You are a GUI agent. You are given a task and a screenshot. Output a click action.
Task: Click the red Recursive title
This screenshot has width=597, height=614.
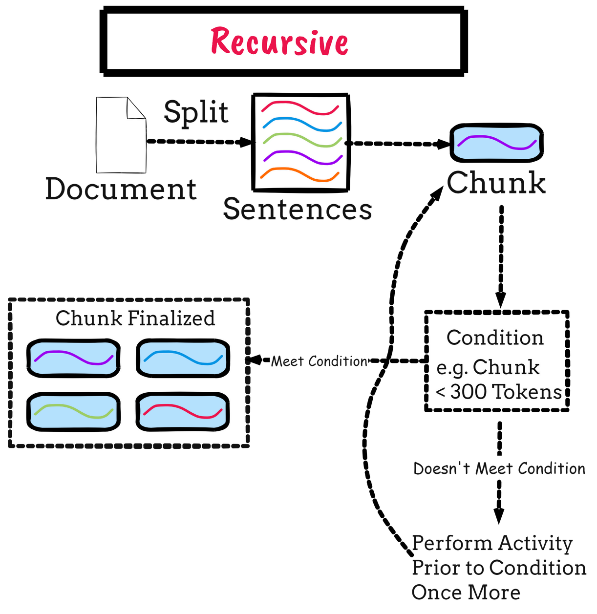(x=279, y=42)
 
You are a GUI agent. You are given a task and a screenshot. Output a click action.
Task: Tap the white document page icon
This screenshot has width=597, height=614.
(x=121, y=135)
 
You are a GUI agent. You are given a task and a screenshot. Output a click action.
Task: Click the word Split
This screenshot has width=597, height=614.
(x=196, y=112)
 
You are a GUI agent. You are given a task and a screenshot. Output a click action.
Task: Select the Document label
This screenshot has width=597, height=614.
(x=121, y=189)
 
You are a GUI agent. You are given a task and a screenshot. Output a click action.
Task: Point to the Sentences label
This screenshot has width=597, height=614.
(x=298, y=209)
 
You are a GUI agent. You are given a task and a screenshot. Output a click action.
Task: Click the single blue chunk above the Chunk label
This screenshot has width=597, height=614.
(x=496, y=143)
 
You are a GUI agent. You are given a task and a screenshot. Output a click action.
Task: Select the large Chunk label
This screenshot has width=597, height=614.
(x=496, y=183)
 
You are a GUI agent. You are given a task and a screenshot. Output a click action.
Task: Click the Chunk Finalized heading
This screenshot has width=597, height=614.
(x=135, y=318)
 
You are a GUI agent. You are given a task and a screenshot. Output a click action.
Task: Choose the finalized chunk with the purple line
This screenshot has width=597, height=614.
(x=73, y=358)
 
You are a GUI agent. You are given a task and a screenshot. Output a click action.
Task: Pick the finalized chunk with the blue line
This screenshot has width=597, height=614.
(x=183, y=358)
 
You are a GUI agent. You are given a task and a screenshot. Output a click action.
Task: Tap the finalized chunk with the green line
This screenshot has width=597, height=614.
(x=73, y=412)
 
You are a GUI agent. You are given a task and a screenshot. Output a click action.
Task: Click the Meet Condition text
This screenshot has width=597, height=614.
(x=319, y=361)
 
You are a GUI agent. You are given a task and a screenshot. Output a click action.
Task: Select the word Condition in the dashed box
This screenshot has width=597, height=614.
(x=495, y=338)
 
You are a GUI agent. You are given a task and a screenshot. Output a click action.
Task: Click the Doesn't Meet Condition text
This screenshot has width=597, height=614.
(x=499, y=469)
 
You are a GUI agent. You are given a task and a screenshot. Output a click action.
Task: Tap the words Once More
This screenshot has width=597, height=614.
(x=466, y=593)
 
